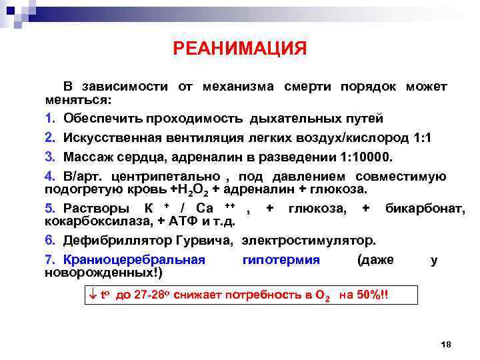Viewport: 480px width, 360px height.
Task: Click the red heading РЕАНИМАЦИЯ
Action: coord(240,49)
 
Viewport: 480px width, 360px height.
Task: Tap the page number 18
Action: coord(446,343)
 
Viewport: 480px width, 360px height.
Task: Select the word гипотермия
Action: coord(281,259)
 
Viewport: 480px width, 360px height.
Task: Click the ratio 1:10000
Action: coord(366,157)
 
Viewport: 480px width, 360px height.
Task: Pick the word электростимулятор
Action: coord(309,241)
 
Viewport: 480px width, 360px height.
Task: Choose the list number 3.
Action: coord(49,157)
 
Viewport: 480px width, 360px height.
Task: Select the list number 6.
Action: coord(49,241)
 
